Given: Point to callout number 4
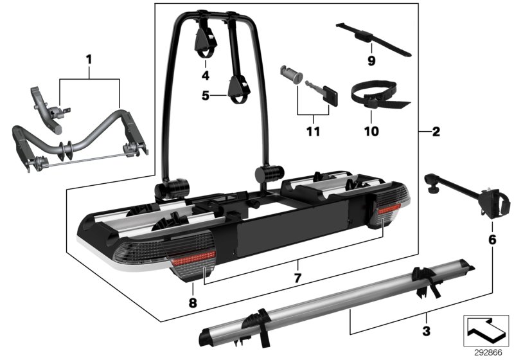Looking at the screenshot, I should (206, 75).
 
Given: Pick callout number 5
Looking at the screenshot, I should (206, 96).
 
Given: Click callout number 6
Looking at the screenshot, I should (493, 239).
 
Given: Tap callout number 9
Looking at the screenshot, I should (370, 62).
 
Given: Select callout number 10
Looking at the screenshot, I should (371, 132).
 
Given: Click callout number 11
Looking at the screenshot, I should (314, 132).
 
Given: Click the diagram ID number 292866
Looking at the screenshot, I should (488, 352).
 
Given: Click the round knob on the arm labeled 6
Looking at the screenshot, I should (432, 188).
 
